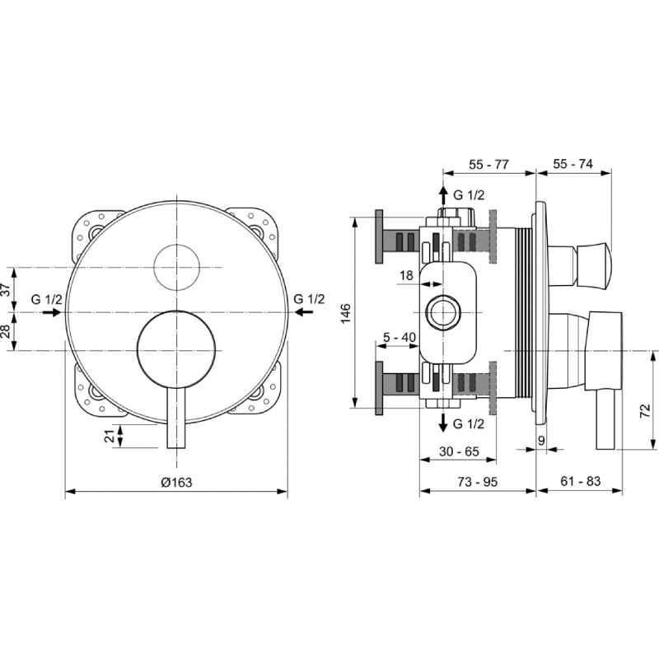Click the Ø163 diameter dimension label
coord(176,482)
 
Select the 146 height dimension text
coord(345,313)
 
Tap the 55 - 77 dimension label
coord(488,164)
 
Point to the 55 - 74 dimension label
coord(573,163)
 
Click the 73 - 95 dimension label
coord(478,482)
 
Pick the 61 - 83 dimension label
coord(581,481)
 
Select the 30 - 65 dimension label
coord(460,451)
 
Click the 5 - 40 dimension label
coord(400,337)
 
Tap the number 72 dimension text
coord(645,410)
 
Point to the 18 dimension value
coord(406,276)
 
